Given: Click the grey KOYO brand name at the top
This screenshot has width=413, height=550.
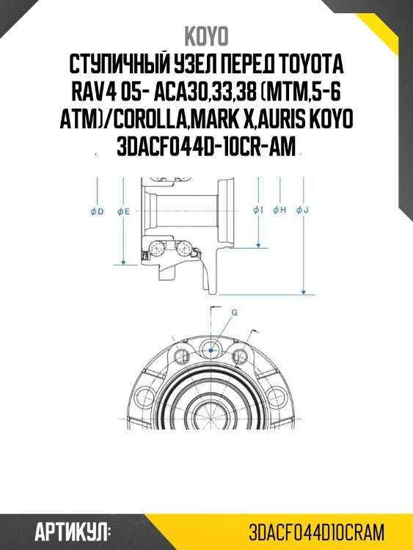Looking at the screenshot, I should (x=206, y=36).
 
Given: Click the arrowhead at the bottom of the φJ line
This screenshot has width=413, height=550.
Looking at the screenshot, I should (x=302, y=288).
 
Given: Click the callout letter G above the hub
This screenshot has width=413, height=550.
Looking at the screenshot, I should (x=234, y=312).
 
